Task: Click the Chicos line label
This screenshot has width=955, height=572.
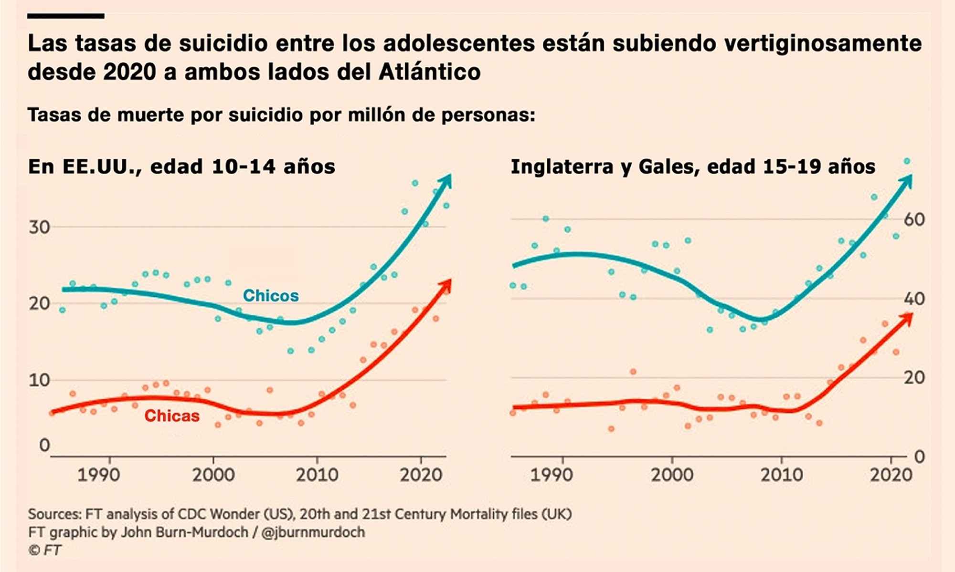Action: pyautogui.click(x=271, y=296)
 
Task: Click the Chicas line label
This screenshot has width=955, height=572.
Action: pyautogui.click(x=172, y=416)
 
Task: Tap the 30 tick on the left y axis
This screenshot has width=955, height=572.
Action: pyautogui.click(x=39, y=227)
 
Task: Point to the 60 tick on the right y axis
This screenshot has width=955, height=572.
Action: pyautogui.click(x=914, y=220)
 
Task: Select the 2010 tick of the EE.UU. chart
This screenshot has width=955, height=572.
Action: pyautogui.click(x=317, y=475)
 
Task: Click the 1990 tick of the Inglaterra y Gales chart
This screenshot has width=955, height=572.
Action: pyautogui.click(x=552, y=475)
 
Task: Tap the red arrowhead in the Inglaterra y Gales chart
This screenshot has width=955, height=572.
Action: pyautogui.click(x=906, y=319)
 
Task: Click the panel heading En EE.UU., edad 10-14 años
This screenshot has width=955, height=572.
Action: pyautogui.click(x=181, y=166)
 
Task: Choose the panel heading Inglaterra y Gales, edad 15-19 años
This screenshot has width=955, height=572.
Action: pyautogui.click(x=693, y=166)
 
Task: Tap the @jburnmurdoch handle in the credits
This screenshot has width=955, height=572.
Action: pyautogui.click(x=313, y=532)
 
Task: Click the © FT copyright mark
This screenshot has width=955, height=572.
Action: pyautogui.click(x=45, y=550)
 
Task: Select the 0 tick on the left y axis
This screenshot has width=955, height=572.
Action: pyautogui.click(x=44, y=445)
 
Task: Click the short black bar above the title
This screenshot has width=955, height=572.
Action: pyautogui.click(x=65, y=16)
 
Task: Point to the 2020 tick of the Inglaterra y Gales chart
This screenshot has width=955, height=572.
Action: pyautogui.click(x=891, y=475)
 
